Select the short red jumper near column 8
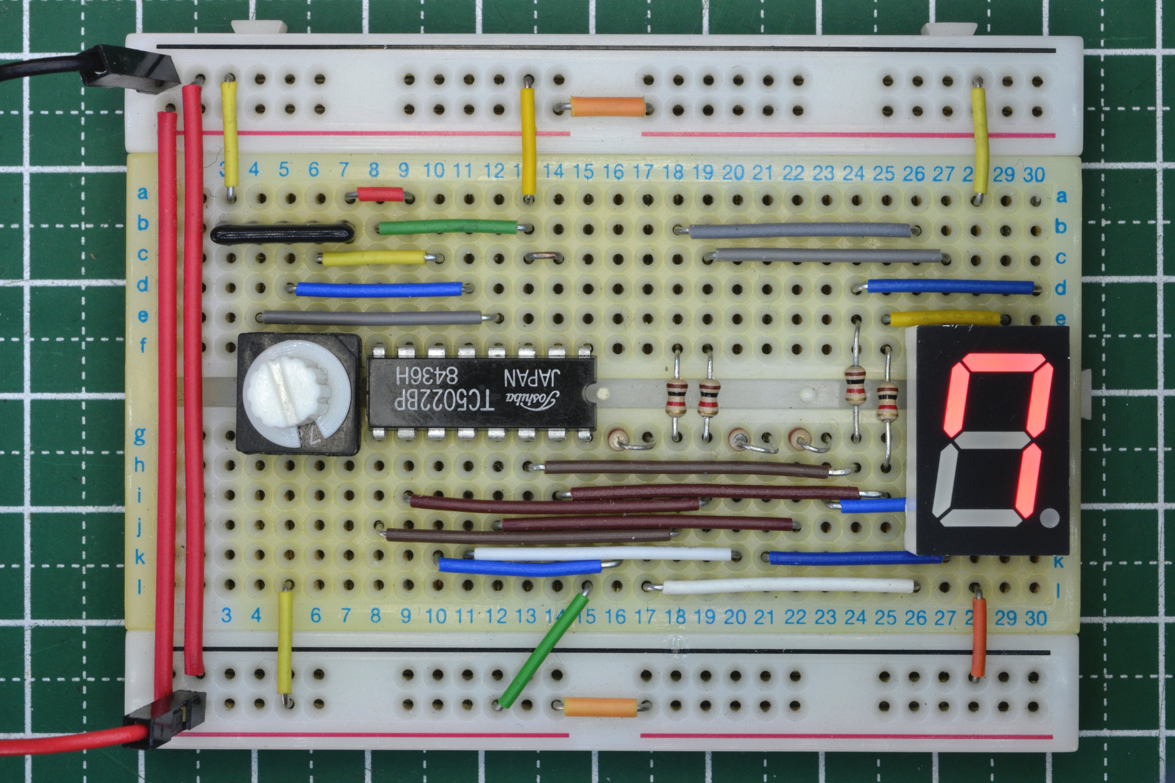[x=381, y=194]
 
